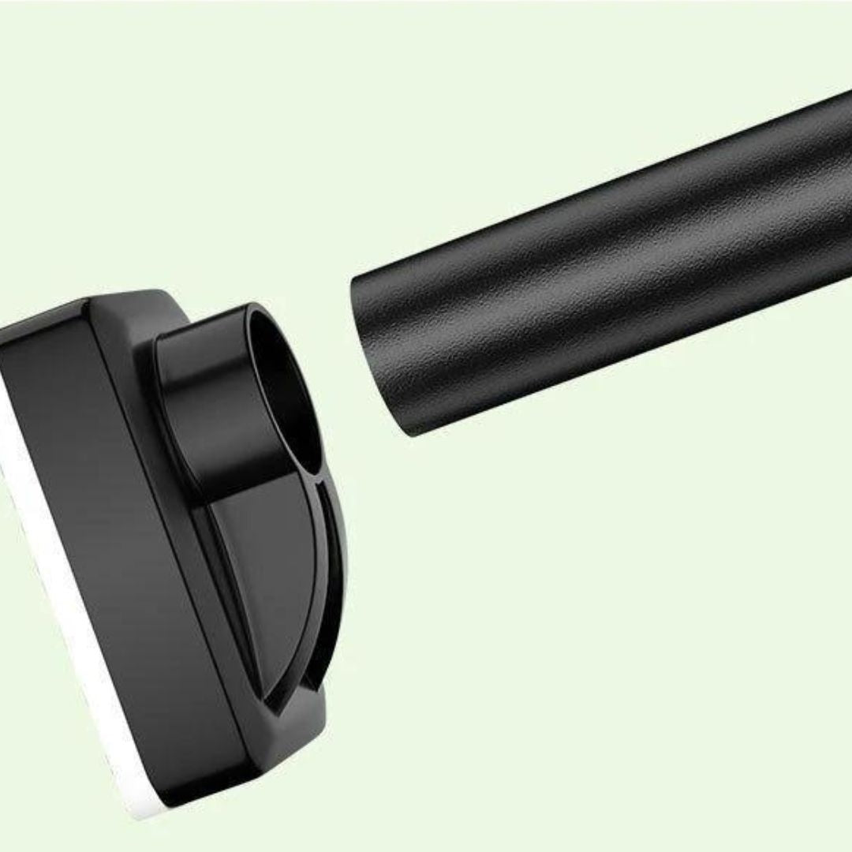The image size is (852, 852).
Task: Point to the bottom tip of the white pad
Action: (x=146, y=813)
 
